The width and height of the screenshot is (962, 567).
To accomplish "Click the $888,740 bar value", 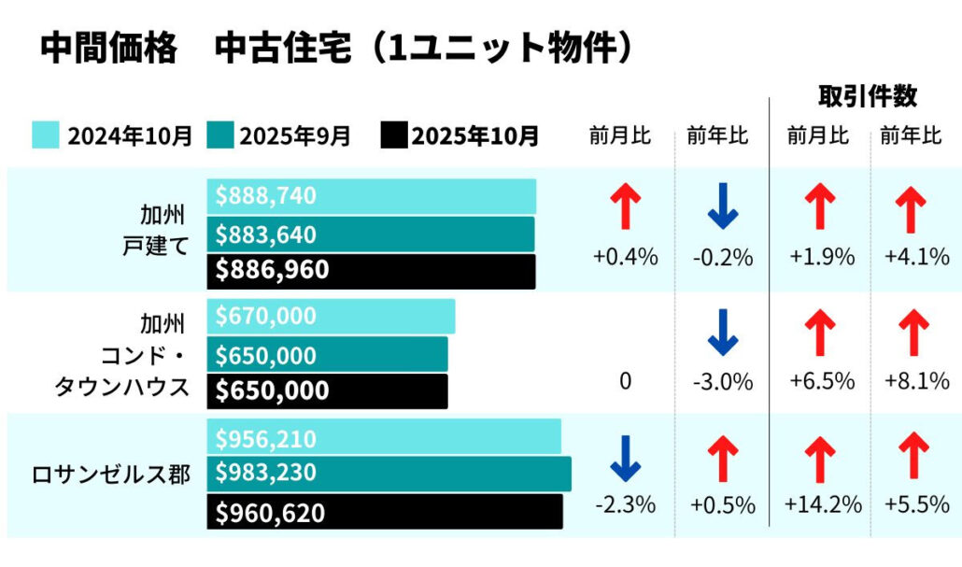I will point(372,196).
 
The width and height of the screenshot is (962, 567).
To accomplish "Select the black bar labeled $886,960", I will point(372,271).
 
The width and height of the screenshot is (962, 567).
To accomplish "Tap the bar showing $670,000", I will point(331,317).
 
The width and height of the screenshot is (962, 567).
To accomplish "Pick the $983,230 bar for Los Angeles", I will point(389,474).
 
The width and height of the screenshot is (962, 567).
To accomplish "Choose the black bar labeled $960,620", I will point(385,513).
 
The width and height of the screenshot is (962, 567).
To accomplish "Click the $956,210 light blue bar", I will point(384,438).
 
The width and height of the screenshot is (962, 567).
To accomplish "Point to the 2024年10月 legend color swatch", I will point(47,135).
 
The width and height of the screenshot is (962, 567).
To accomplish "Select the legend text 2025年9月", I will point(294,136).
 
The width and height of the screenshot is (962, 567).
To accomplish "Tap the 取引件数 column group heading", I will point(867,96).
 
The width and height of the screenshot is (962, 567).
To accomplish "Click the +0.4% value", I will point(625,257).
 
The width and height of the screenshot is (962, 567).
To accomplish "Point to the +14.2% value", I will point(822,505).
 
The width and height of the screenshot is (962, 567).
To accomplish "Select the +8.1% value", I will point(916,381).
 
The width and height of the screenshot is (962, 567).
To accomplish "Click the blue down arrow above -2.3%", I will point(625,460).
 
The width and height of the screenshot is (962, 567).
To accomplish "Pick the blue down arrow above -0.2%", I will point(722,207).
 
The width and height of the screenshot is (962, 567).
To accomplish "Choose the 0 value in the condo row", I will point(625,381).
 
